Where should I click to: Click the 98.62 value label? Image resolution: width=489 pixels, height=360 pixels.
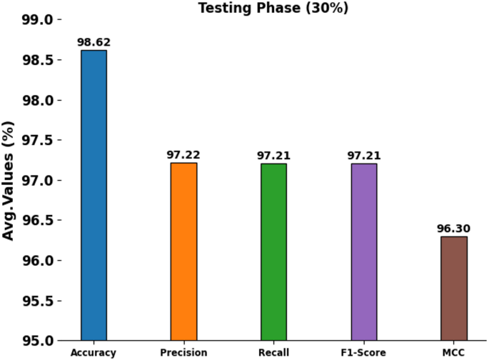(x=94, y=43)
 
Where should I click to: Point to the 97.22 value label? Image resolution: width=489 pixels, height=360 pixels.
(x=183, y=155)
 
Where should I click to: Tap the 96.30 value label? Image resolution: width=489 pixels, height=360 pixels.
(x=453, y=229)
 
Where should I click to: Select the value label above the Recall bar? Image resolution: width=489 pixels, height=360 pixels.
(x=273, y=156)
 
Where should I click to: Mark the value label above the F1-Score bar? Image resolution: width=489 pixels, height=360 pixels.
(x=363, y=156)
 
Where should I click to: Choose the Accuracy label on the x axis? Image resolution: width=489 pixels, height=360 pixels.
(x=94, y=353)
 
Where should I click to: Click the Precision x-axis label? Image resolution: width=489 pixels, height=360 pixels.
(x=183, y=353)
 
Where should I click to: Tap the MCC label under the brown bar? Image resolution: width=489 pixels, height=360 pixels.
(x=453, y=353)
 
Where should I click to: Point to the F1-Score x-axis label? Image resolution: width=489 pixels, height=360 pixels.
(x=363, y=353)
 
